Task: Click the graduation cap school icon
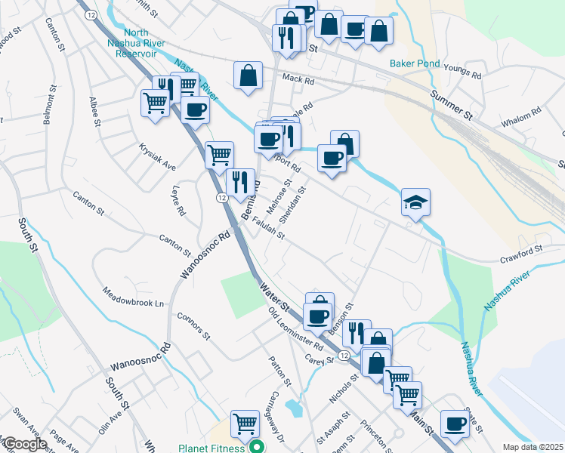(x=415, y=202)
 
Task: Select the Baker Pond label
(x=415, y=63)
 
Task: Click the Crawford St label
(x=520, y=248)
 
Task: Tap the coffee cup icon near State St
(x=455, y=424)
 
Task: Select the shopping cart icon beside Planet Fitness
(x=245, y=425)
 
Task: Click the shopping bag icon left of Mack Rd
(x=248, y=75)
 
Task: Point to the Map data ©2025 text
(x=533, y=447)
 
